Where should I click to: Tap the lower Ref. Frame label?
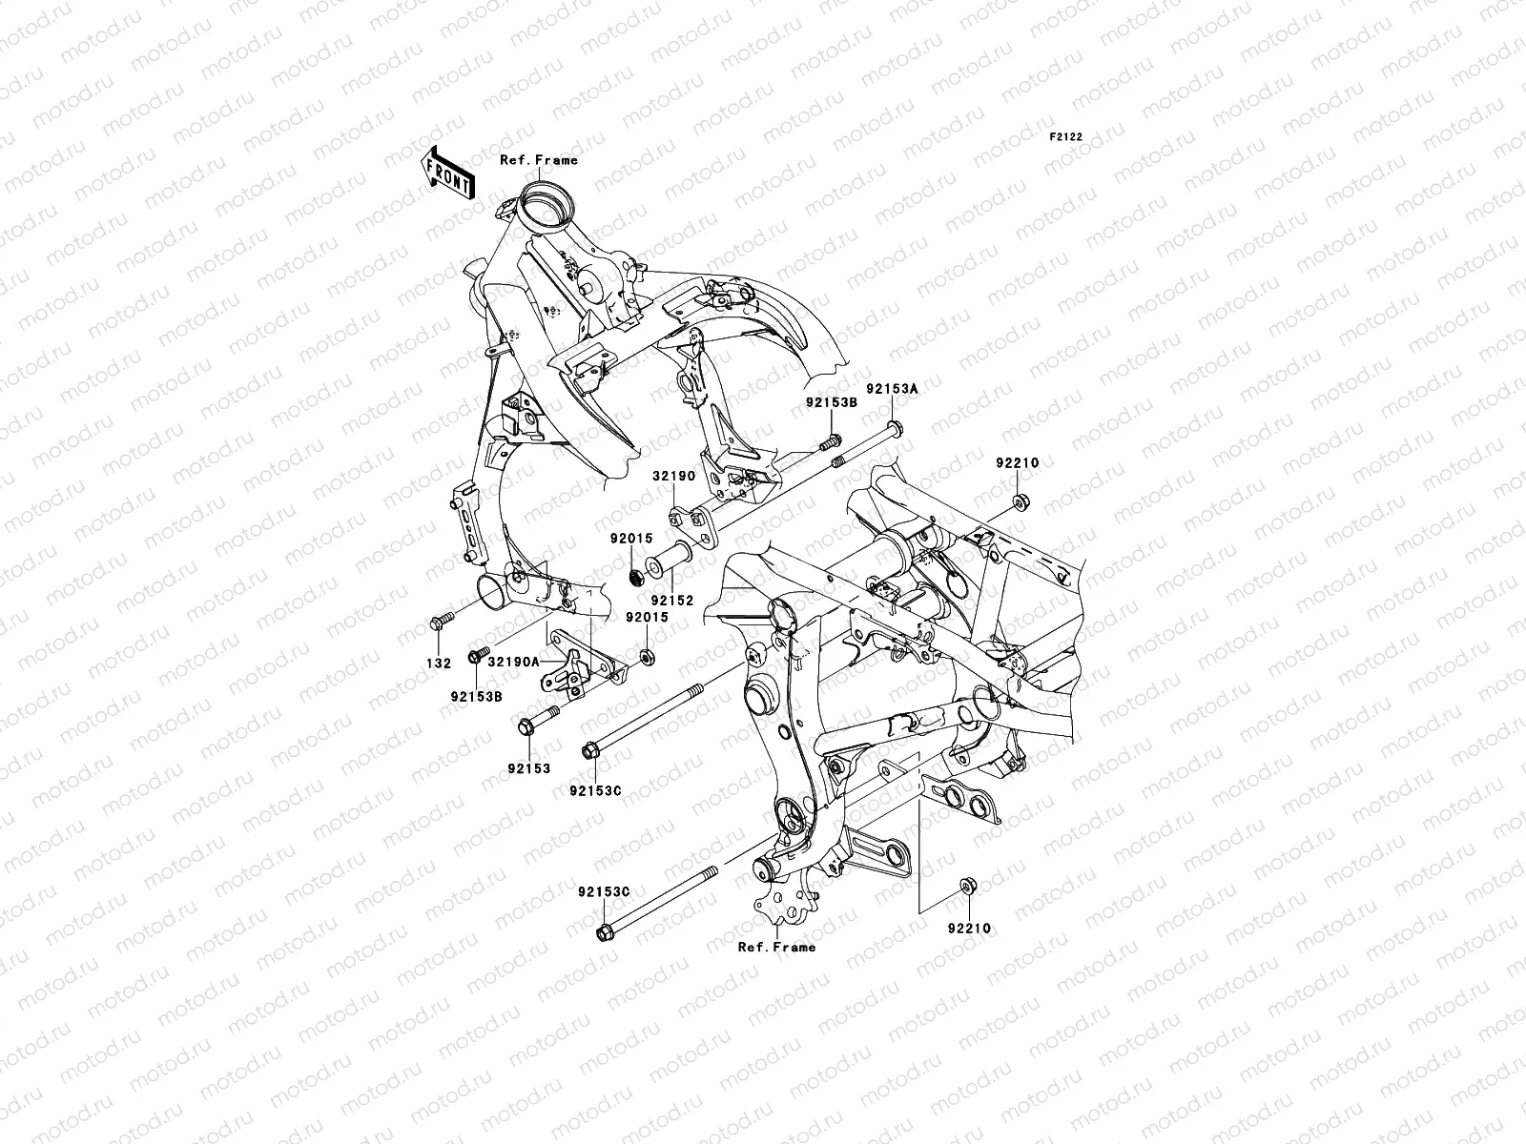(776, 947)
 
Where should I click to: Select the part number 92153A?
(892, 389)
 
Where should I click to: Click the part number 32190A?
(514, 661)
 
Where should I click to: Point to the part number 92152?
(672, 601)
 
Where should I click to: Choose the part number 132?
(438, 664)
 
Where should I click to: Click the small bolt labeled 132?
(441, 623)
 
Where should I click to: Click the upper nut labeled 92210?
(1019, 501)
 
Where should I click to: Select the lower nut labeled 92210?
(967, 889)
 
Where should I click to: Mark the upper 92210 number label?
(1018, 463)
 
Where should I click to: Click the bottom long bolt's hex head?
(603, 931)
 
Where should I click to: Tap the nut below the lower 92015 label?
(646, 657)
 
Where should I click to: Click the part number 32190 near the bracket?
(674, 474)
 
